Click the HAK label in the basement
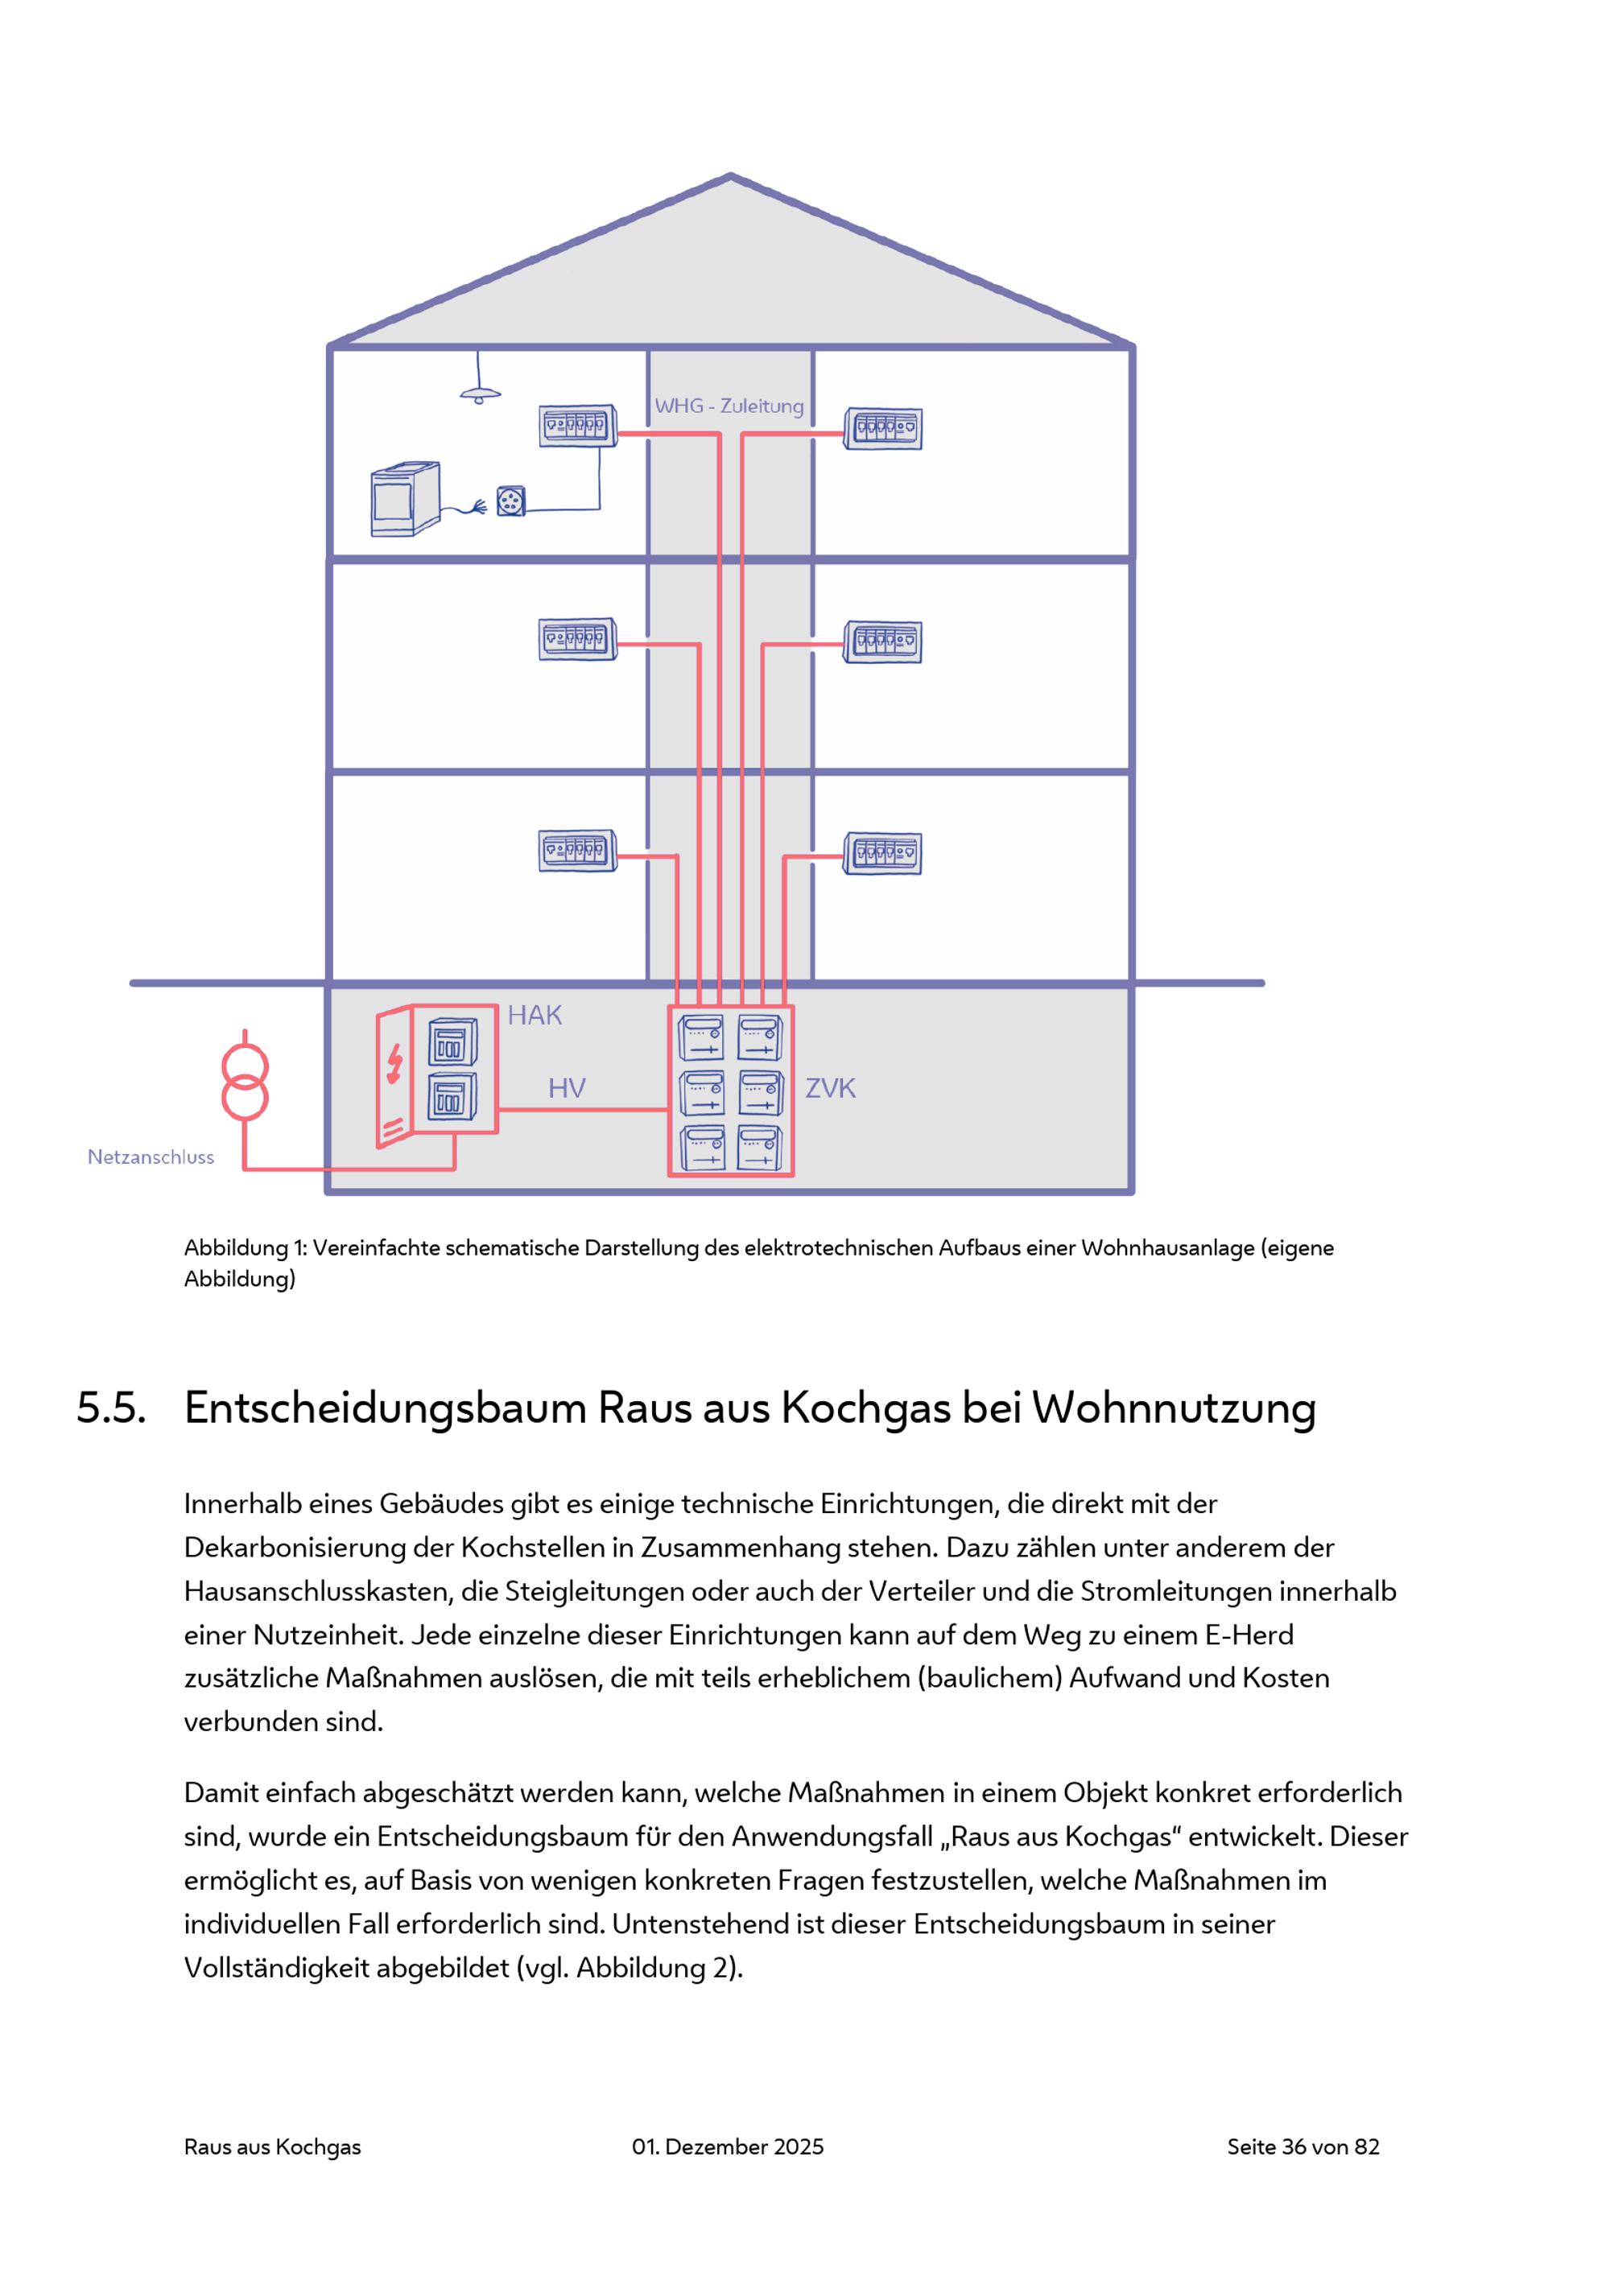535,1015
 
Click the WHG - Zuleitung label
729,406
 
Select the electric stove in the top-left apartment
404,499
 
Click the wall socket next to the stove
510,501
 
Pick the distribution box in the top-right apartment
883,429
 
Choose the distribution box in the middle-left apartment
578,639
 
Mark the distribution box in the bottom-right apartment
883,853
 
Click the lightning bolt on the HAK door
394,1064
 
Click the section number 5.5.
112,1408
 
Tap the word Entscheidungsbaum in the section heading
386,1408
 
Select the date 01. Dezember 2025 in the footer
728,2146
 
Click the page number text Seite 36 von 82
1302,2146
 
